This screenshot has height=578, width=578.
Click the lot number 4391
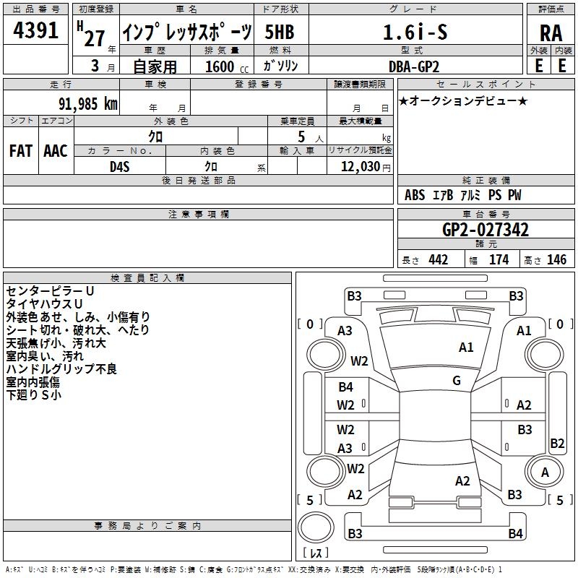[x=36, y=31]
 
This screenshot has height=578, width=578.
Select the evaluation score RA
[x=551, y=33]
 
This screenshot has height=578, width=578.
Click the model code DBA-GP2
[x=423, y=66]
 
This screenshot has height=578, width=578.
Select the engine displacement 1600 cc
[x=220, y=66]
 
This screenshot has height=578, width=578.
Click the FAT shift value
[x=20, y=150]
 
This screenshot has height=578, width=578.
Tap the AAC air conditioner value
[x=55, y=150]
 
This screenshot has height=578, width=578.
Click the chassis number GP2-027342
[x=485, y=230]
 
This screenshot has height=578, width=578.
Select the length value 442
[x=438, y=259]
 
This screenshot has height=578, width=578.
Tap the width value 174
[x=499, y=259]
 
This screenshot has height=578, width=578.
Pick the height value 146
[x=556, y=259]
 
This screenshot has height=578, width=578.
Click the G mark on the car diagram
[x=456, y=381]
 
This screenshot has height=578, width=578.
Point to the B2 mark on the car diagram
[x=557, y=443]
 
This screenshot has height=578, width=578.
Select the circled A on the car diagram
[x=545, y=473]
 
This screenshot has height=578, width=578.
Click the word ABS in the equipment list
[x=415, y=195]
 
